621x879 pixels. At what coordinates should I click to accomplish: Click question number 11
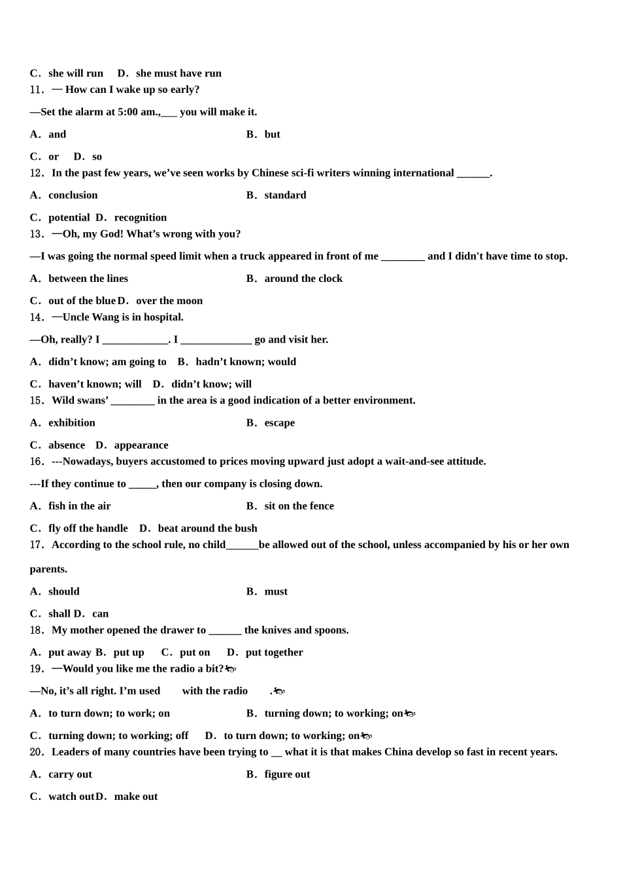[37, 90]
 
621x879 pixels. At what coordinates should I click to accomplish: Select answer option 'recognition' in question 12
[140, 217]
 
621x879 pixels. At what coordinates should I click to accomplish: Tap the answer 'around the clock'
[303, 278]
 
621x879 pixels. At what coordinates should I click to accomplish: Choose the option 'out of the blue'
[82, 300]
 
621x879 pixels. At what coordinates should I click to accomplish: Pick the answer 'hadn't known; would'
[246, 361]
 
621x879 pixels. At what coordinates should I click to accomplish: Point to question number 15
[37, 400]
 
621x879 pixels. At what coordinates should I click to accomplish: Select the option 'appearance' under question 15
[141, 445]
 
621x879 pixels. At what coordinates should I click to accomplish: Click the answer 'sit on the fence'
[299, 506]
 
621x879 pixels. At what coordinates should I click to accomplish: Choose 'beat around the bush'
[207, 528]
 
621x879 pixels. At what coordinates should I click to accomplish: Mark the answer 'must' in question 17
[276, 591]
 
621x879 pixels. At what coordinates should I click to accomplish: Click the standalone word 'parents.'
[48, 569]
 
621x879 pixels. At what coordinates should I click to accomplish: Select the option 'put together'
[274, 652]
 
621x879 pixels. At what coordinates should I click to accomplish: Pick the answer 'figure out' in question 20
[287, 774]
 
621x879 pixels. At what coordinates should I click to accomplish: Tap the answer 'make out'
[136, 796]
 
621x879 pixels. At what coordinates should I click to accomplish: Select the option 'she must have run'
[178, 73]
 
